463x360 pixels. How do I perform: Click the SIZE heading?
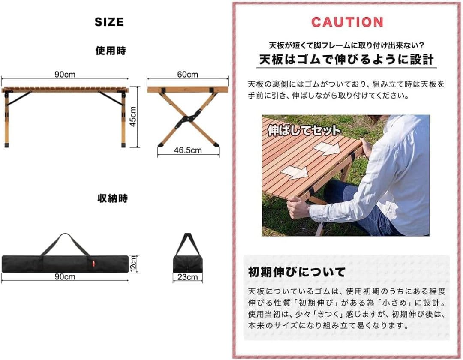(109, 22)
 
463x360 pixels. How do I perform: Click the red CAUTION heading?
(347, 22)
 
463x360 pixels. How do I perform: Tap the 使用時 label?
(111, 51)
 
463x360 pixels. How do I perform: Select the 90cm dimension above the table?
(65, 75)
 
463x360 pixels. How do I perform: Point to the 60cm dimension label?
(187, 75)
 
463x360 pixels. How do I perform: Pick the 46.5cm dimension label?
(187, 150)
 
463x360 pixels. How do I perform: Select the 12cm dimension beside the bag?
(134, 263)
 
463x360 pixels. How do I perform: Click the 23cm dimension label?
(188, 277)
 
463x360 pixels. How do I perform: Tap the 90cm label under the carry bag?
(65, 277)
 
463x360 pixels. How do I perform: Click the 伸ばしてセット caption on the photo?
(304, 130)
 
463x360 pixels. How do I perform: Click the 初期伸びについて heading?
(296, 272)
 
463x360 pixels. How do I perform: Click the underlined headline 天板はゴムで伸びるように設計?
(346, 60)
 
